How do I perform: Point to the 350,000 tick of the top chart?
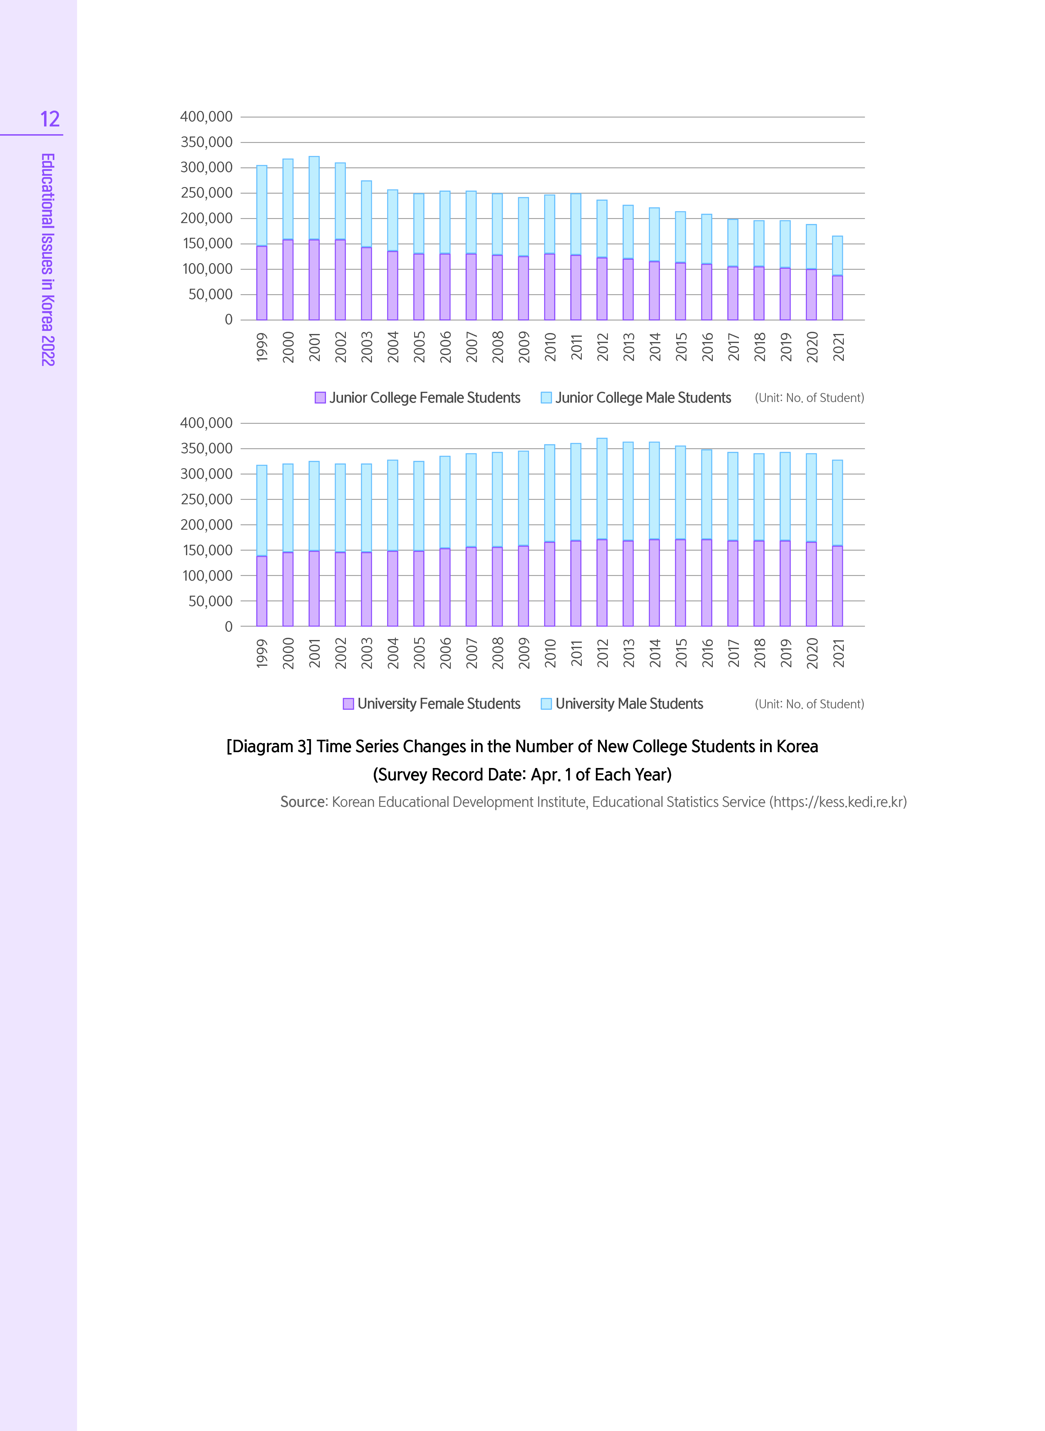206,142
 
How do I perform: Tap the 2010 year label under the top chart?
550,347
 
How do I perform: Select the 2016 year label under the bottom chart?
707,653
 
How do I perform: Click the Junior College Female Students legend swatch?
320,397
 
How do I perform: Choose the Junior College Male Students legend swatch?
546,397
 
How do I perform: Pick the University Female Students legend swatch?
348,704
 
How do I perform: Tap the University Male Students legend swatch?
546,704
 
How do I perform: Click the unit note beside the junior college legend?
809,397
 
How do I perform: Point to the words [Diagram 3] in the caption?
269,747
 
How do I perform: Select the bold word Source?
303,802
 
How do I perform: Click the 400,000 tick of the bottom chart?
206,423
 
